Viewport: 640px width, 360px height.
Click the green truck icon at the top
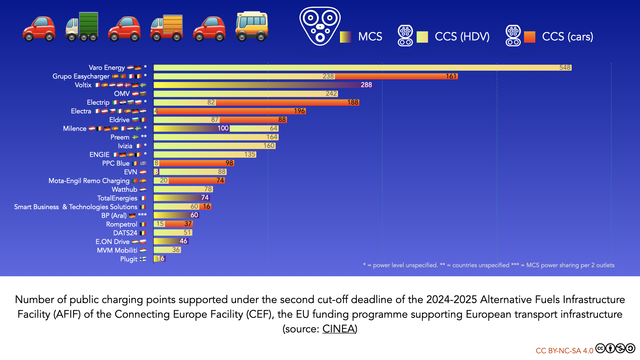point(83,27)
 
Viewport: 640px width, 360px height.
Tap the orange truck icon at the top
point(169,27)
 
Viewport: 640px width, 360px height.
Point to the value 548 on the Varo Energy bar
point(565,67)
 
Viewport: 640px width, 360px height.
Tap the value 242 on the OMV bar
point(332,93)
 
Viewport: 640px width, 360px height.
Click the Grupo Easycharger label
point(100,76)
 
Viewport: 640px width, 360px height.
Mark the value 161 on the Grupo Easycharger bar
point(452,76)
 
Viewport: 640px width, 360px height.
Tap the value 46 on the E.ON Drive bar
point(183,241)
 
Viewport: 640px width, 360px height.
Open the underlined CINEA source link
point(339,328)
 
